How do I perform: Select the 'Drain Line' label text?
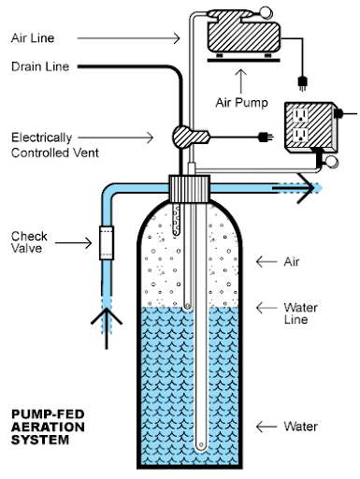pos(40,66)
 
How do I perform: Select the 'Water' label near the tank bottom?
pos(302,426)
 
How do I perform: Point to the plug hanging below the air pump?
pos(301,81)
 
